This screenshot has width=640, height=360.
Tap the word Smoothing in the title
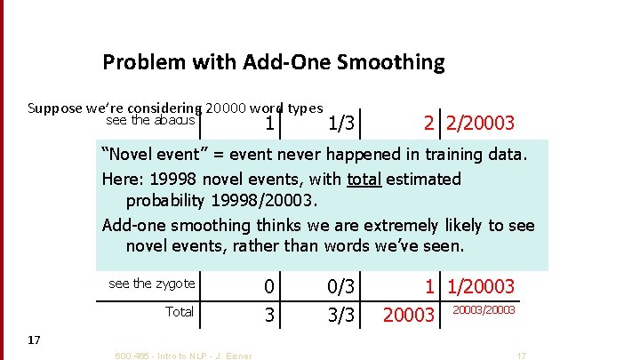pyautogui.click(x=395, y=62)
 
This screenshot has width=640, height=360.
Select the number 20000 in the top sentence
pyautogui.click(x=232, y=108)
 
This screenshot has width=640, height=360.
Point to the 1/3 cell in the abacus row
pyautogui.click(x=343, y=123)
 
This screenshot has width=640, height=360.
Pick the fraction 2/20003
pyautogui.click(x=481, y=123)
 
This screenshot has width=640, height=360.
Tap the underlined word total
pyautogui.click(x=364, y=179)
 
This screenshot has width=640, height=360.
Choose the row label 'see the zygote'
pyautogui.click(x=151, y=284)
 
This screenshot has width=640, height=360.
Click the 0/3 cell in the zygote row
pyautogui.click(x=343, y=286)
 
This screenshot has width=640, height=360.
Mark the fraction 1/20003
pyautogui.click(x=481, y=286)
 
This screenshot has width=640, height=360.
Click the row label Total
pyautogui.click(x=180, y=311)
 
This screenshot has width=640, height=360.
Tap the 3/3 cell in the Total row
pyautogui.click(x=343, y=314)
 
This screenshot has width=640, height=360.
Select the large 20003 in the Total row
pyautogui.click(x=408, y=316)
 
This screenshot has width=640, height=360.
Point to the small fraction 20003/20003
pyautogui.click(x=484, y=309)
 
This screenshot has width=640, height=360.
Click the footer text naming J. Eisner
pyautogui.click(x=183, y=356)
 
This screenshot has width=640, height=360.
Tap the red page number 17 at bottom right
pyautogui.click(x=521, y=356)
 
